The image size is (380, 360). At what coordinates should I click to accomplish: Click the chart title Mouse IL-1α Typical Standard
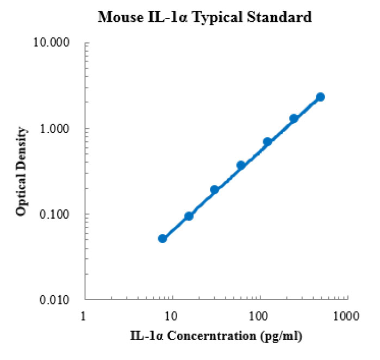204,17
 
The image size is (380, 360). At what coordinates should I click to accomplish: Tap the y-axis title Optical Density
21,171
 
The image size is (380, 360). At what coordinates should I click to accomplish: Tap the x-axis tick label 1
83,315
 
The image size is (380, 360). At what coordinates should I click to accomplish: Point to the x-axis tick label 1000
346,315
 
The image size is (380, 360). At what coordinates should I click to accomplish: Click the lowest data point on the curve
162,238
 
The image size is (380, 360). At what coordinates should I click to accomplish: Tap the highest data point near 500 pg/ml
320,97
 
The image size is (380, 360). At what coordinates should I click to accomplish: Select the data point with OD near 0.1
189,216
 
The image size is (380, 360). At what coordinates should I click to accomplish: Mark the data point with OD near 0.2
214,190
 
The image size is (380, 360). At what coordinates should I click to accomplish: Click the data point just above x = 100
267,142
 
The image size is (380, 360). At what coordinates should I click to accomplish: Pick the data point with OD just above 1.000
294,119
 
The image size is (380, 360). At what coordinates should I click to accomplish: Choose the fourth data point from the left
241,165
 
